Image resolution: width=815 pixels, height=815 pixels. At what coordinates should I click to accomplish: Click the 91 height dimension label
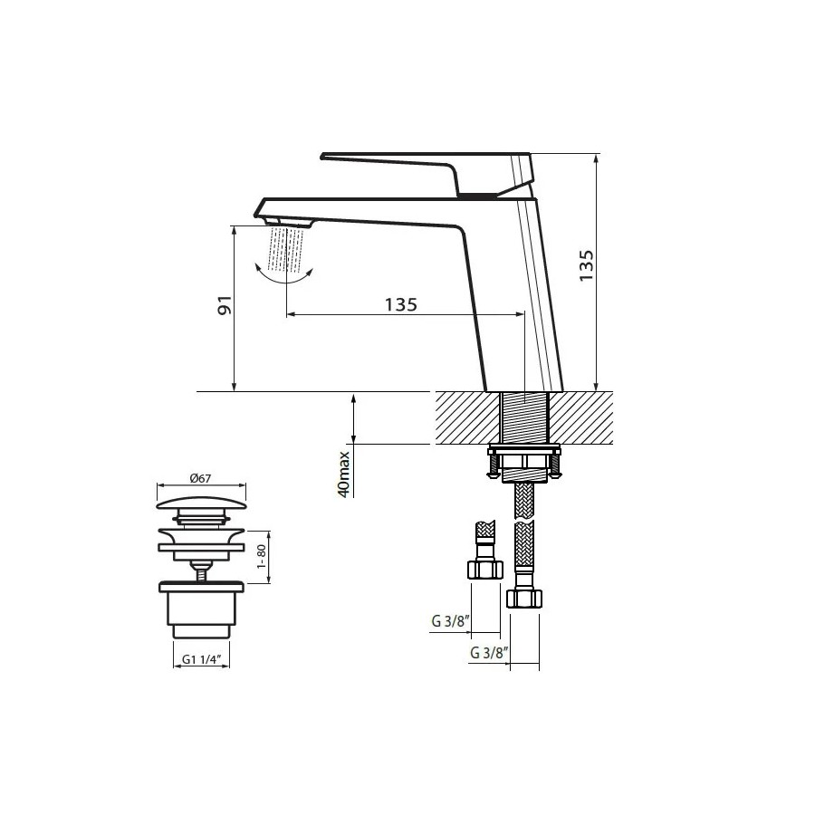[225, 305]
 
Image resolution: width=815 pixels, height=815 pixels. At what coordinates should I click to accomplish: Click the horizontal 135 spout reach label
[401, 304]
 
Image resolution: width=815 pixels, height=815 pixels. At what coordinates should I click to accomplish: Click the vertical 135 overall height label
[586, 265]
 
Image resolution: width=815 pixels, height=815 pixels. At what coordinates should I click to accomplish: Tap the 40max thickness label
[344, 474]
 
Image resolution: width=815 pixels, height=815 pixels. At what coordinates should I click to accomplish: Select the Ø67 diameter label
[201, 478]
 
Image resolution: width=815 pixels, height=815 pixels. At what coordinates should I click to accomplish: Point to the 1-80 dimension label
[262, 557]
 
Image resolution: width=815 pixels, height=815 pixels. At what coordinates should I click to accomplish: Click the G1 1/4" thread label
[202, 659]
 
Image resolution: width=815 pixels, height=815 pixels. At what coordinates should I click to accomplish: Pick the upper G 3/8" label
[451, 620]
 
